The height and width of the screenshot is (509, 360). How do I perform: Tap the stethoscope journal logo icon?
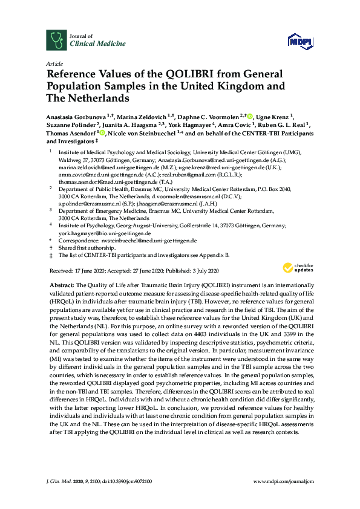pyautogui.click(x=55, y=41)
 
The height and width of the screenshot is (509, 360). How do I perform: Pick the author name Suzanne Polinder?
pyautogui.click(x=72, y=125)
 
